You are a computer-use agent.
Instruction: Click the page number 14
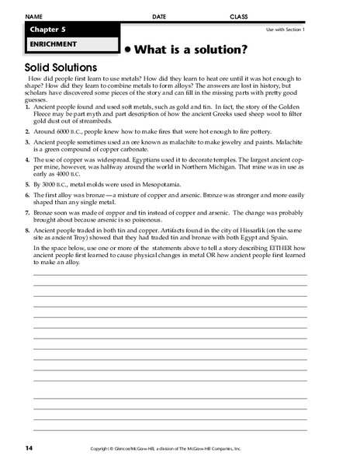(28, 448)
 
